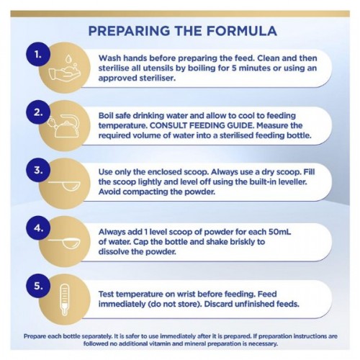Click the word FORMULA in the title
[x=242, y=31]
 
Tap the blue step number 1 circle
[x=38, y=55]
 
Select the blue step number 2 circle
[x=38, y=112]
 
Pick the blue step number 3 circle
[x=38, y=170]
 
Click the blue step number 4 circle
[x=38, y=228]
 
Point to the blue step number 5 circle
[x=38, y=286]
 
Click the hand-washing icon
[x=65, y=70]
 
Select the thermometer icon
[x=64, y=300]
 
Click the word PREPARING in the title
[x=129, y=31]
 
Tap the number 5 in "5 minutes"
[x=234, y=68]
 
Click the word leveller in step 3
[x=292, y=181]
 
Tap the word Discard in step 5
[x=218, y=304]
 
